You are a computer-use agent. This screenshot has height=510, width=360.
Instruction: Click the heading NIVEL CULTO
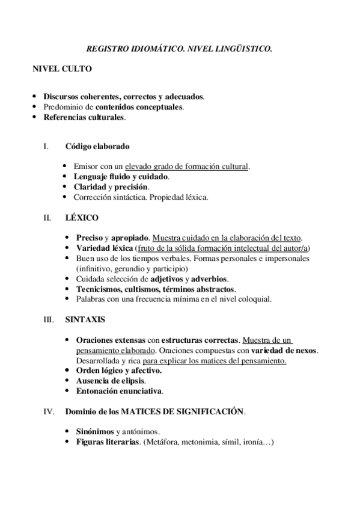(x=62, y=69)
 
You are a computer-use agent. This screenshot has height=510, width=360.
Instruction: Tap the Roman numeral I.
(x=44, y=146)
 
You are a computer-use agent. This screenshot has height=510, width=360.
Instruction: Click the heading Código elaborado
(x=97, y=146)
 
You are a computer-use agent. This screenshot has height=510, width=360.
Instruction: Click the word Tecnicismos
(x=99, y=289)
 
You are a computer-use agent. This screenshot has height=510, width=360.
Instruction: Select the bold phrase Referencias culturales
(x=84, y=117)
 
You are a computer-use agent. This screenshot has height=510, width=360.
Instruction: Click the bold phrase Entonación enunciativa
(x=118, y=391)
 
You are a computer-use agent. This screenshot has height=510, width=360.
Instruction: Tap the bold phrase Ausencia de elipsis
(x=109, y=381)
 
